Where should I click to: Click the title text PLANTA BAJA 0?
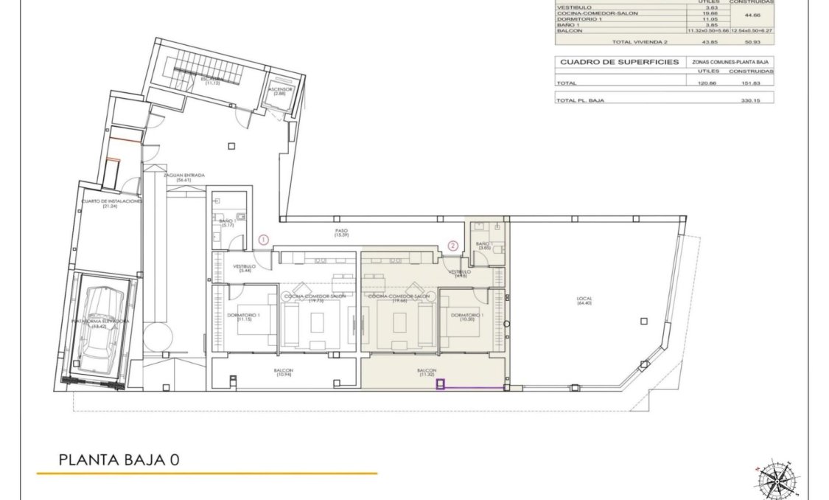pos(119,460)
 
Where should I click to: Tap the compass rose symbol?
pos(774,479)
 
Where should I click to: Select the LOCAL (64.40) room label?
pos(584,301)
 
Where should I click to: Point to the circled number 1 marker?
pos(265,239)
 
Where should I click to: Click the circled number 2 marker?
pos(453,246)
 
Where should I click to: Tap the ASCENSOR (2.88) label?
pos(281,91)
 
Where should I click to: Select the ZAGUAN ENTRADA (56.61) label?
pos(183,177)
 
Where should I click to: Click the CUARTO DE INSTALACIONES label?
pos(112,203)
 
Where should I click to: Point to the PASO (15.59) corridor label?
pos(341,232)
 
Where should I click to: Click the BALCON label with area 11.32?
pos(427,372)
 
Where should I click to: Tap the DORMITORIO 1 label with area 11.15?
pos(244,317)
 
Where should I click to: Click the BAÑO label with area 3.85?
pos(483,246)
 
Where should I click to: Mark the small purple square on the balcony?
pos(441,383)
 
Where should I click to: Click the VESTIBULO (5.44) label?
pos(244,268)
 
